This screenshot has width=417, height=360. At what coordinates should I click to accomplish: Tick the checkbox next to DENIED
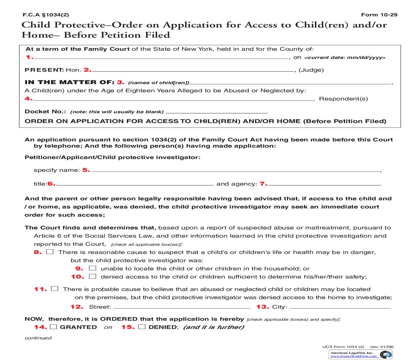[x=142, y=327]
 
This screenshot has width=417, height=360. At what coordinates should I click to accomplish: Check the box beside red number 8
[x=50, y=252]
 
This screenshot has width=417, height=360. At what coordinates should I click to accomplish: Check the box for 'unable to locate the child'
[x=93, y=268]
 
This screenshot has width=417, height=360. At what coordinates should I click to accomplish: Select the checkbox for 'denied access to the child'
[x=93, y=276]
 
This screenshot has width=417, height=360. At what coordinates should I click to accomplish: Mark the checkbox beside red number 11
[x=55, y=289]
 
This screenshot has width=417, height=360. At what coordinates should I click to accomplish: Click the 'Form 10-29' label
[x=379, y=15]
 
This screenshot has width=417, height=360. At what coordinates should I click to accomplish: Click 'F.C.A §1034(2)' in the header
[x=46, y=15]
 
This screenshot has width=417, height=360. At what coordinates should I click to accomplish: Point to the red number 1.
[x=29, y=57]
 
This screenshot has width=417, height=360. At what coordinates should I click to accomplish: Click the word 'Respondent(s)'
[x=343, y=99]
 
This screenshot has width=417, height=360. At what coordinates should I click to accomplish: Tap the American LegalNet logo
[x=386, y=354]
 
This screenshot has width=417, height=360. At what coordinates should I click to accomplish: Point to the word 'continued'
[x=38, y=338]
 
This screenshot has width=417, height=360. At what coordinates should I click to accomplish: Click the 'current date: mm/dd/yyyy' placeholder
[x=345, y=58]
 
